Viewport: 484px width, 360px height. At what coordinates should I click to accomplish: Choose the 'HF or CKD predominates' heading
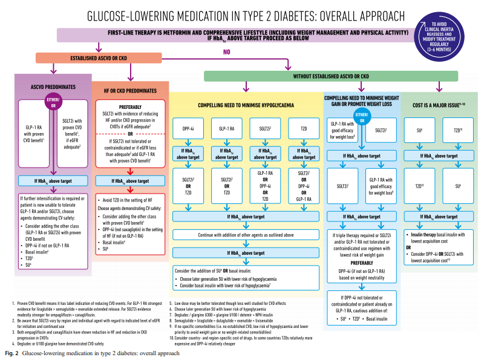pyautogui.click(x=131, y=92)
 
